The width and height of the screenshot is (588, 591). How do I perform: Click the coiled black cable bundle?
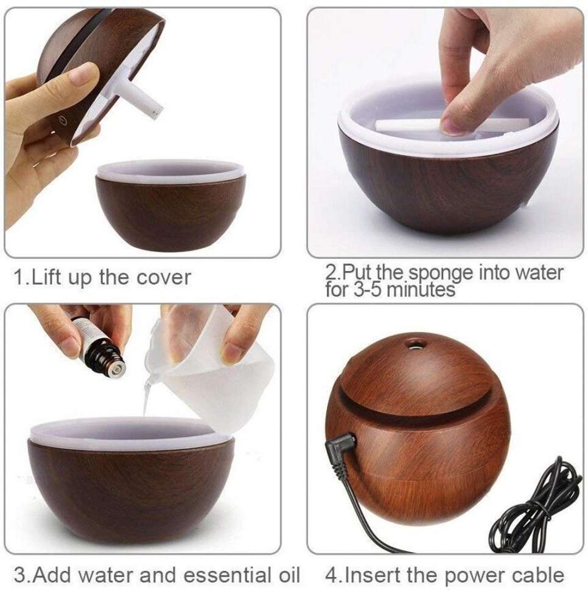point(535,505)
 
